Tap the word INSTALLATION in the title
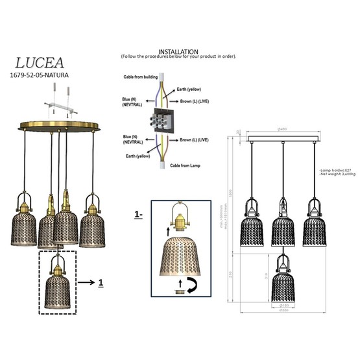click(178, 51)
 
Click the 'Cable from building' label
click(142, 77)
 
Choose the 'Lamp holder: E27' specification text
click(336, 171)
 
